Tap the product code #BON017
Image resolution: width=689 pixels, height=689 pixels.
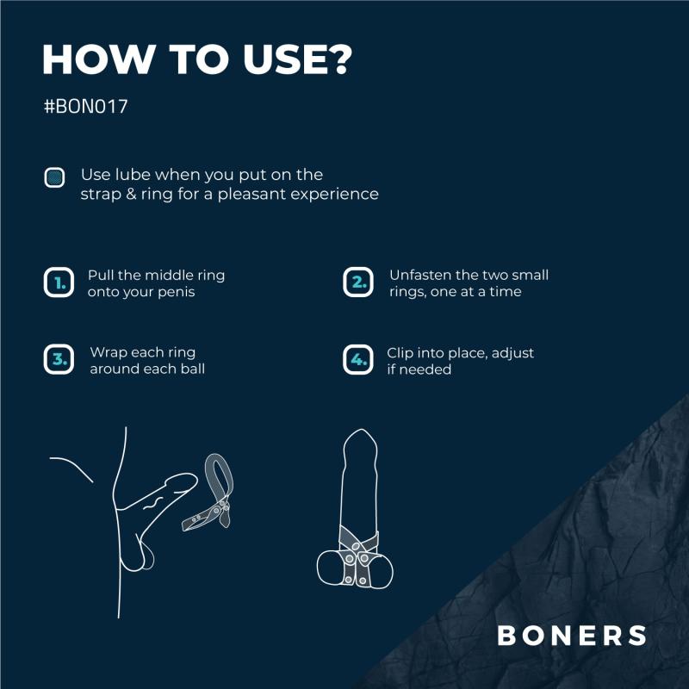click(x=85, y=110)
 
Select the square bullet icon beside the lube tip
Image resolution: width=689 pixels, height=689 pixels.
click(x=55, y=178)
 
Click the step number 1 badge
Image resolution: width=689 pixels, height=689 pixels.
click(x=59, y=282)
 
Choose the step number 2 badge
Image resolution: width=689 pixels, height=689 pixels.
click(x=358, y=282)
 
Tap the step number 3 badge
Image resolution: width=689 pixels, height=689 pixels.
click(x=59, y=359)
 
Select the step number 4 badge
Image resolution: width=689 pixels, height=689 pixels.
click(x=358, y=359)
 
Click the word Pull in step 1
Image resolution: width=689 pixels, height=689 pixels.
click(x=100, y=276)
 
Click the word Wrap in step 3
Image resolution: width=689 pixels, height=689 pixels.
click(x=107, y=353)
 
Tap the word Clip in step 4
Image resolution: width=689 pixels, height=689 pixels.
click(x=401, y=353)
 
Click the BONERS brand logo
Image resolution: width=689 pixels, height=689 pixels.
click(x=572, y=636)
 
